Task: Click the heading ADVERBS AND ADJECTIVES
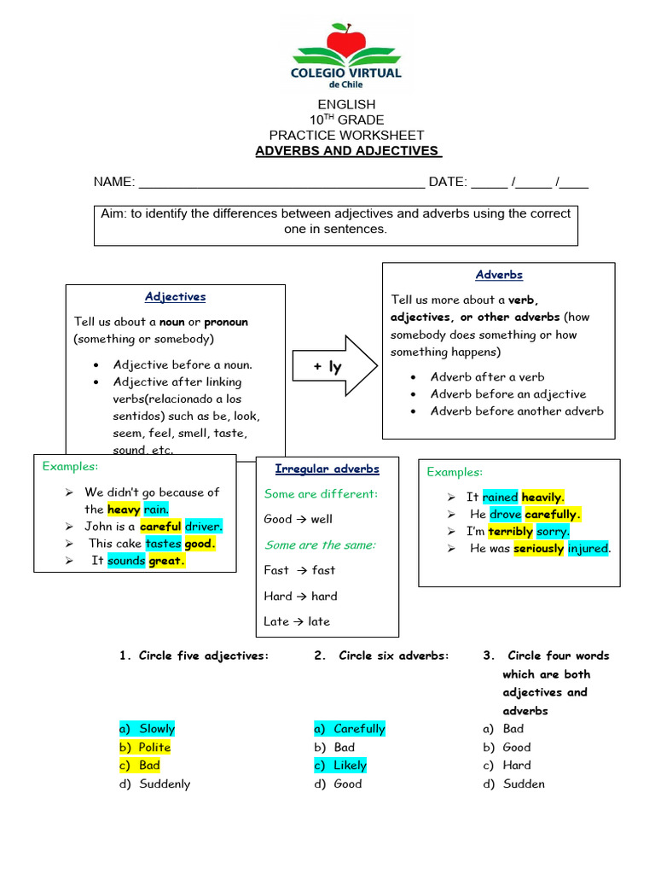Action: point(347,151)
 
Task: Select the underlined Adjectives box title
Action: point(175,297)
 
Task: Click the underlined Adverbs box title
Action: point(499,275)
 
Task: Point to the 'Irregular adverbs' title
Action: point(327,469)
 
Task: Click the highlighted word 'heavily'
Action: point(542,497)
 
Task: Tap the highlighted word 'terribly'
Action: point(511,531)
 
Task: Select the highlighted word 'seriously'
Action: point(538,549)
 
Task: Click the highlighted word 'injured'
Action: point(588,549)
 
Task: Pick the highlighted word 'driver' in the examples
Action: point(203,527)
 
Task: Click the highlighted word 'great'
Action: point(166,562)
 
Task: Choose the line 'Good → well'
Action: point(299,519)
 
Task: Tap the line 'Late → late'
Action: point(297,621)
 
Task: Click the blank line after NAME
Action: point(281,183)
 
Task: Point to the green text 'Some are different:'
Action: point(321,493)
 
